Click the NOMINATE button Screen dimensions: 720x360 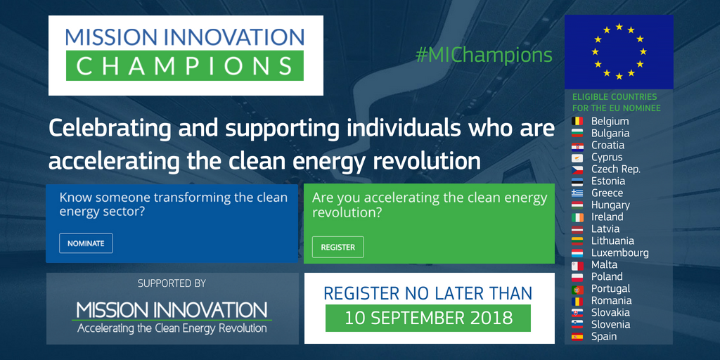86,243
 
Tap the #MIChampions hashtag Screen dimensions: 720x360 484,55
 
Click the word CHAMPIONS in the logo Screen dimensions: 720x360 185,65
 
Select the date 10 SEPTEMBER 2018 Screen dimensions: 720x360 428,318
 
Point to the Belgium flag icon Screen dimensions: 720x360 577,121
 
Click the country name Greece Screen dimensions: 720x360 607,193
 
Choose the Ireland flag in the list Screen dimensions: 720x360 577,217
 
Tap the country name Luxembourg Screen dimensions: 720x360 620,252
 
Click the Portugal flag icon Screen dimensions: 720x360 577,289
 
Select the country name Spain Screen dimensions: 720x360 604,337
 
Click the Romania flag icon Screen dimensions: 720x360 577,301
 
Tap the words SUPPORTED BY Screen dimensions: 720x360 172,284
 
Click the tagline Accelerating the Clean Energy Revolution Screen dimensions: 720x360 172,328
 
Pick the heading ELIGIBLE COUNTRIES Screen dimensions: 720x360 615,97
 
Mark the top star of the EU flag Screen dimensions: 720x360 619,27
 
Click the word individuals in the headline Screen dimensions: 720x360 404,129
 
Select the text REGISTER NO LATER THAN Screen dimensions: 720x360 428,293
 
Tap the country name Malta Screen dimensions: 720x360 604,264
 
